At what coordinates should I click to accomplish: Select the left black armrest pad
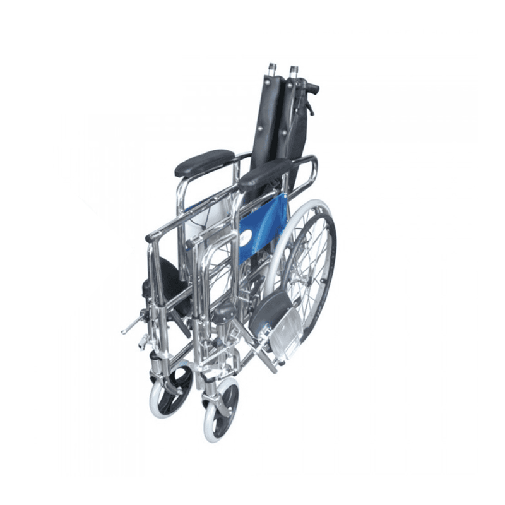pos(196,163)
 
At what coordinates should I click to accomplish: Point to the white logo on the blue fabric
pos(244,239)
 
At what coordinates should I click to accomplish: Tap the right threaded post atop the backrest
pos(293,69)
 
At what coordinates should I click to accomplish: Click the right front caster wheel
pos(221,410)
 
